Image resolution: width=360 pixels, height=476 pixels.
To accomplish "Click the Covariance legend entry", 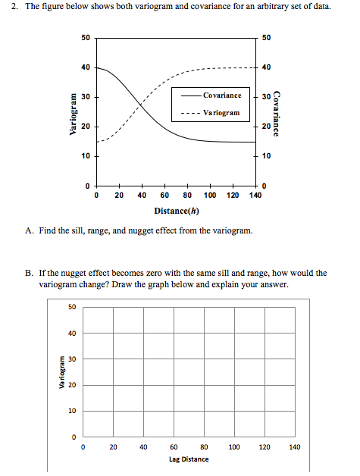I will (x=221, y=96).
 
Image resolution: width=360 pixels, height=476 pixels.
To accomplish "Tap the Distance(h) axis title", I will (x=177, y=210).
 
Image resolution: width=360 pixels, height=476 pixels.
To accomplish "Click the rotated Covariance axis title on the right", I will (x=277, y=114).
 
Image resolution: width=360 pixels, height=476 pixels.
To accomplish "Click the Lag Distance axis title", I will (x=189, y=459).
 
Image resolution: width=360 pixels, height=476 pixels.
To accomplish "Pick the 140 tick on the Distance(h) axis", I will (x=254, y=195).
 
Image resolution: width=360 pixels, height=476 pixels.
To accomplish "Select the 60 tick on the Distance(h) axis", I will (x=164, y=195).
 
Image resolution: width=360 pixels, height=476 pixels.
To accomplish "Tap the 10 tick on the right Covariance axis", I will (x=266, y=156).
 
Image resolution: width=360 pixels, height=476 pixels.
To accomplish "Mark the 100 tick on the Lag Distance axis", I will (x=234, y=447).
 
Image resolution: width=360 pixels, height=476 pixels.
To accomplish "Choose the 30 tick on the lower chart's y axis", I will (x=72, y=359).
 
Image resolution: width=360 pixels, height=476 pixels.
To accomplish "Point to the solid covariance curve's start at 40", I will (x=97, y=67).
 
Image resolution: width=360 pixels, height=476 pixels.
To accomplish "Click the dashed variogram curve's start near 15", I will (x=97, y=141).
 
